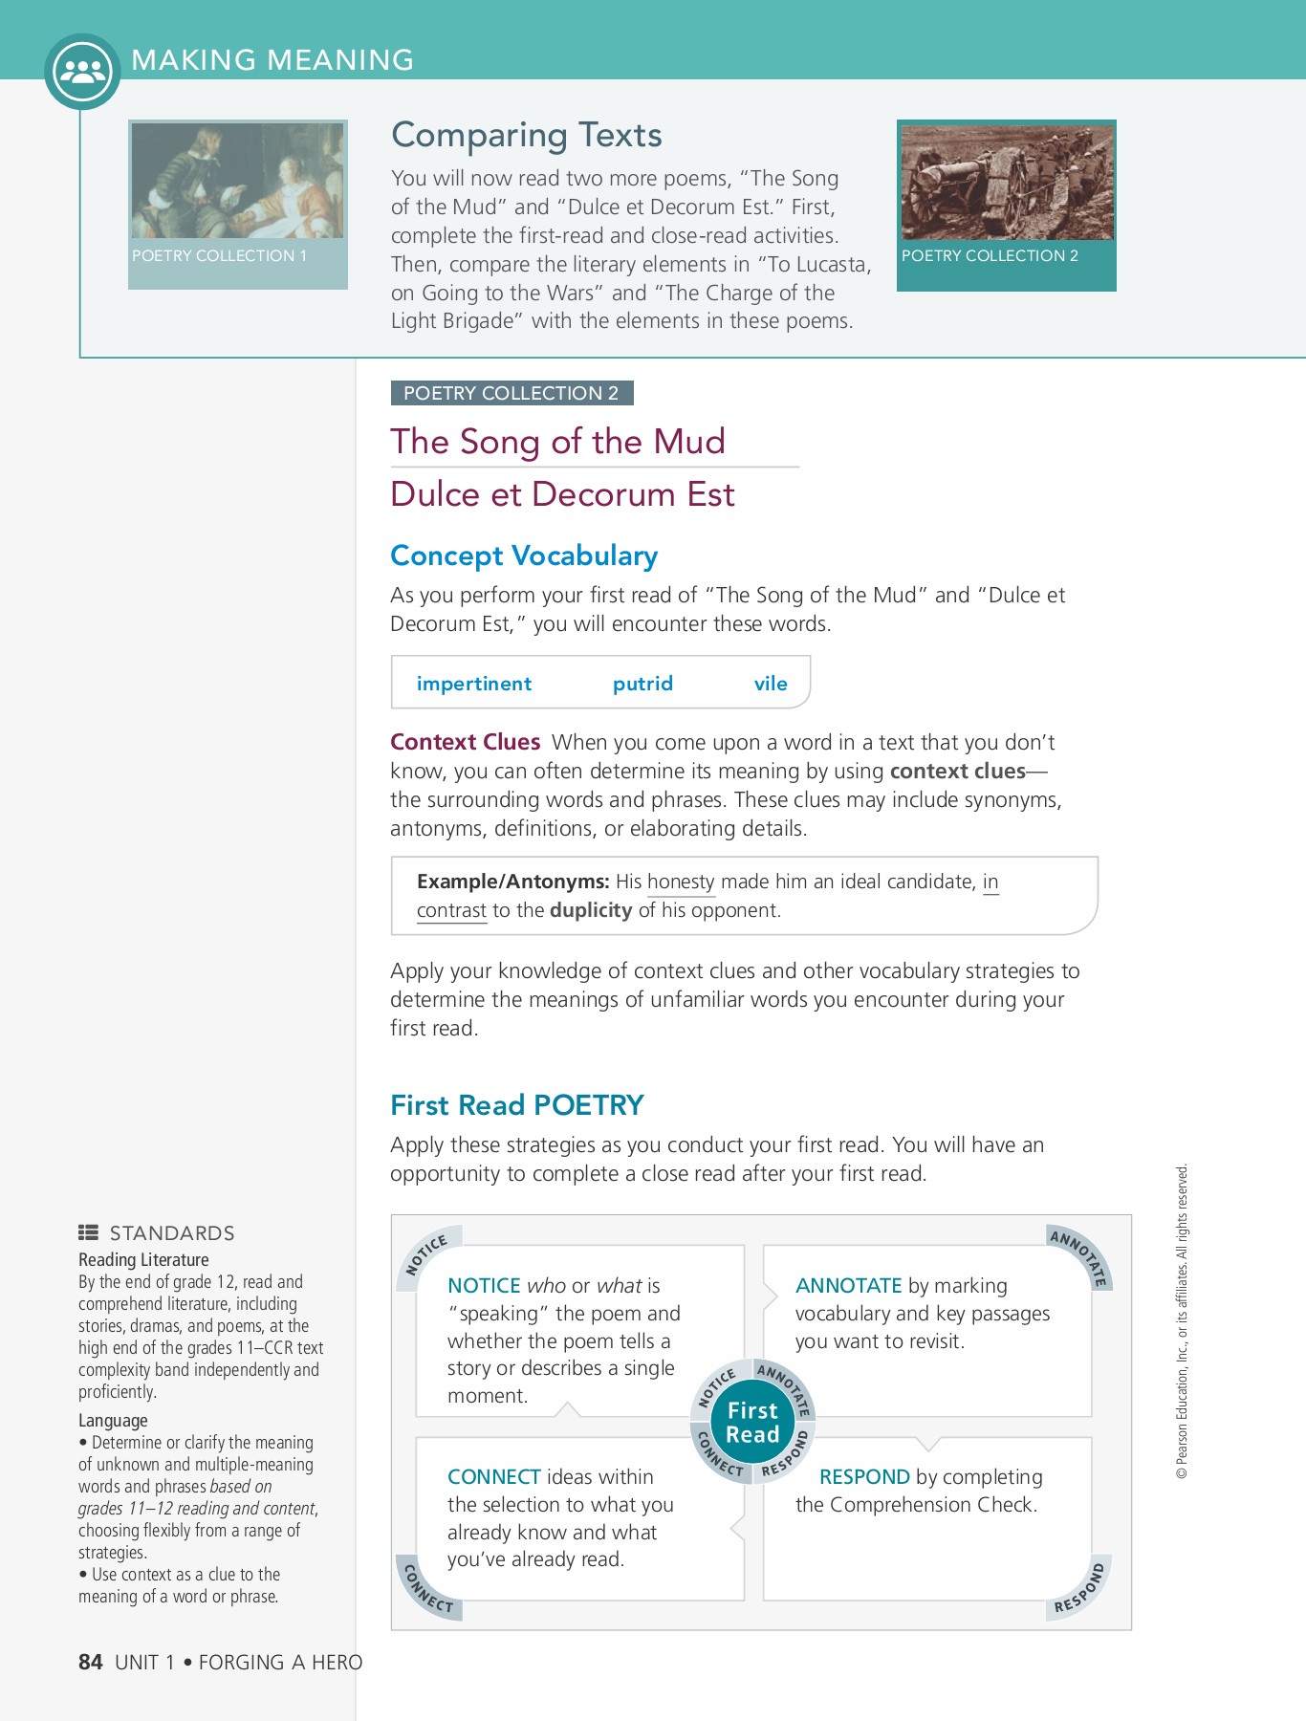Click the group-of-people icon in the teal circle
click(x=82, y=72)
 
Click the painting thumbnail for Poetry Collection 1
click(x=237, y=181)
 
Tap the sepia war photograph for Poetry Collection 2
click(x=1007, y=182)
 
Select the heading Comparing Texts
click(x=526, y=135)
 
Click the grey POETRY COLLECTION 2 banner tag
click(x=512, y=393)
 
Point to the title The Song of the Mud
click(x=557, y=442)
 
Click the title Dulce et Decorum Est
click(x=562, y=494)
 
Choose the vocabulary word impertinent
click(x=473, y=684)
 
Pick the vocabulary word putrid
click(x=642, y=684)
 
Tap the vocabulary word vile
click(x=770, y=684)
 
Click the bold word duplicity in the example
click(x=591, y=910)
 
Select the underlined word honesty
click(x=681, y=882)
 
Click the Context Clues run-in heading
click(x=465, y=742)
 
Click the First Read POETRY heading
click(x=516, y=1105)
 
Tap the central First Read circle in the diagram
click(x=752, y=1423)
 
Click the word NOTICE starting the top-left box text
click(x=484, y=1286)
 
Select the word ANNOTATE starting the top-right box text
click(x=848, y=1286)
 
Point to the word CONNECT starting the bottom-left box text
click(x=493, y=1477)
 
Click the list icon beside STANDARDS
click(x=88, y=1232)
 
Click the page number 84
click(x=90, y=1663)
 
